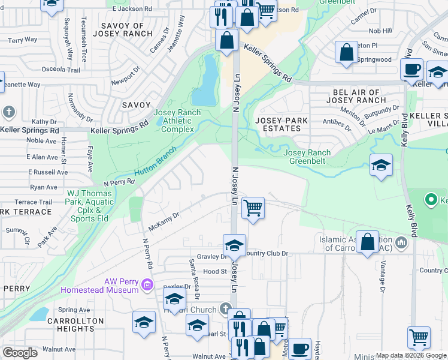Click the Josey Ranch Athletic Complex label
click(x=174, y=121)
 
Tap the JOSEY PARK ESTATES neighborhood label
click(x=281, y=124)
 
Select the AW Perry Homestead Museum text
click(x=99, y=286)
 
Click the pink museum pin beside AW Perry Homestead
click(x=148, y=284)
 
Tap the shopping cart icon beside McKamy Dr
click(x=253, y=209)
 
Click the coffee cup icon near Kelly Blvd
click(x=411, y=70)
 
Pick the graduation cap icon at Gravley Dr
click(x=234, y=245)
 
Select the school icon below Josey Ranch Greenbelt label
click(x=381, y=166)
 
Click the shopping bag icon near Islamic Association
click(x=367, y=242)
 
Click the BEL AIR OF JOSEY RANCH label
click(x=356, y=96)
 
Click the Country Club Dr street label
click(x=267, y=253)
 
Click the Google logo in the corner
click(x=20, y=352)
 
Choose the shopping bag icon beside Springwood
click(x=346, y=52)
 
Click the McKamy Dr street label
click(x=164, y=222)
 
